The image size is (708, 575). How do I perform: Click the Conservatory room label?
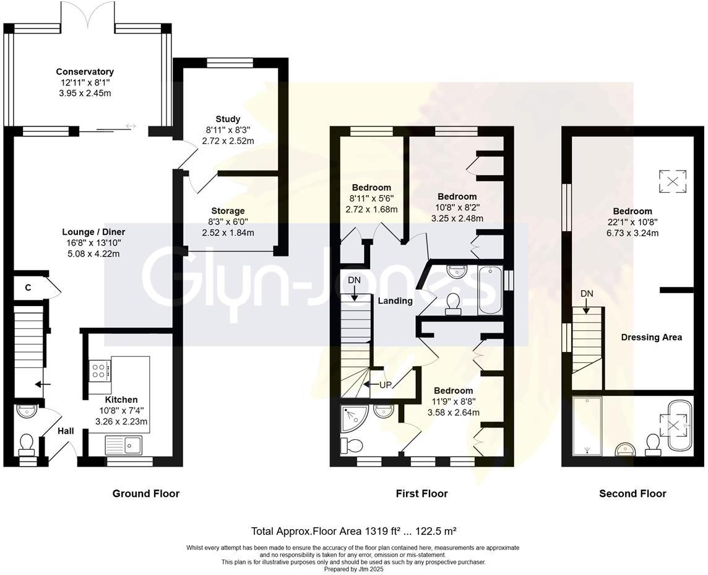(x=85, y=72)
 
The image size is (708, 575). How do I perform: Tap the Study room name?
(x=228, y=119)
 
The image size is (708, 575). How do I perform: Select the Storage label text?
(x=228, y=211)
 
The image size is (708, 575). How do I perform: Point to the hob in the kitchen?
(x=99, y=371)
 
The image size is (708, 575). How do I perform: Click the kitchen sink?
(x=124, y=444)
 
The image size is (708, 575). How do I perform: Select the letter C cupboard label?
(x=28, y=287)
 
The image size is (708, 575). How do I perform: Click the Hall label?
(x=66, y=431)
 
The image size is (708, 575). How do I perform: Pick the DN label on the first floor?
(x=354, y=280)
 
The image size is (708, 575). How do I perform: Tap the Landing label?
(x=395, y=301)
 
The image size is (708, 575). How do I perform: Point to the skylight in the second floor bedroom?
(x=672, y=181)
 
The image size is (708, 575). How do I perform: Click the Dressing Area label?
(x=651, y=337)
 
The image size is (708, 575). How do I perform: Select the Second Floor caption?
(x=632, y=494)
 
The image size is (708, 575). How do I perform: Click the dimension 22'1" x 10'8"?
(x=632, y=222)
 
